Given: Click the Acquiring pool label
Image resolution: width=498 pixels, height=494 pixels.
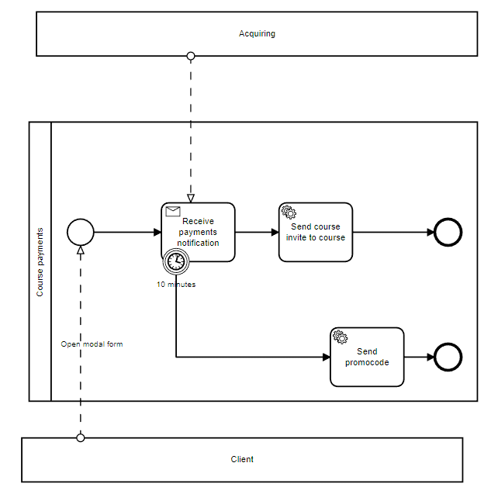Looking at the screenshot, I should click(257, 33).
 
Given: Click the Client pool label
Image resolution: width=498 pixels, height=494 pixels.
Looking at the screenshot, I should click(242, 459).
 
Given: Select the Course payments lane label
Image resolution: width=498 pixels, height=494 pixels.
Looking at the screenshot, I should click(40, 261).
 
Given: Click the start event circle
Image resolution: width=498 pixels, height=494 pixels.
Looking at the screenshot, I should click(81, 231).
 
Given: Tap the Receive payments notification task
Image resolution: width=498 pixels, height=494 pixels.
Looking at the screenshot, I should click(198, 232).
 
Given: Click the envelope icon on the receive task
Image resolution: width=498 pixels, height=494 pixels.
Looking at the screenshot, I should click(173, 211).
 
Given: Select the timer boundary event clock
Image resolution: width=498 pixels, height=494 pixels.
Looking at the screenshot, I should click(176, 262).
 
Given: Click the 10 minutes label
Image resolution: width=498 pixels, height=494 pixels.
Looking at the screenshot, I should click(176, 285).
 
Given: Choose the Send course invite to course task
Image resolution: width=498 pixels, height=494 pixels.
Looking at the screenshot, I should click(316, 232).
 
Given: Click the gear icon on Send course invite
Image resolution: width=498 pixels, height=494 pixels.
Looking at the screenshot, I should click(289, 212).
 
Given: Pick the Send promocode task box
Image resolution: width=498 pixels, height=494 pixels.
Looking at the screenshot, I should click(367, 357).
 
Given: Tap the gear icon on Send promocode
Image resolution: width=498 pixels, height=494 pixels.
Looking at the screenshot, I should click(340, 337).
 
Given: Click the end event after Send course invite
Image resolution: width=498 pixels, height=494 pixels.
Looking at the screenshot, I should click(448, 232).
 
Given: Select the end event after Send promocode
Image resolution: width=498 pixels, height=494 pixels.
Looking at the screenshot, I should click(448, 357).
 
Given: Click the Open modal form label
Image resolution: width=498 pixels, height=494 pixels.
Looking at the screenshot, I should click(92, 344).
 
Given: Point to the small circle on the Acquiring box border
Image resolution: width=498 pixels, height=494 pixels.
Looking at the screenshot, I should click(191, 56).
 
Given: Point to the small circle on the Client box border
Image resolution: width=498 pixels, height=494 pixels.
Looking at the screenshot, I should click(81, 437).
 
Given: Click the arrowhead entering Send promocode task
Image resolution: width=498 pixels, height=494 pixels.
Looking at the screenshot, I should click(326, 357).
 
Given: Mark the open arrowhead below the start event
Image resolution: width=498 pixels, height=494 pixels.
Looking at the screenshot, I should click(81, 250).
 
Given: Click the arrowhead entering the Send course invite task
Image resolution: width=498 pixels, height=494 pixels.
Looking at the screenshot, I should click(275, 232).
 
